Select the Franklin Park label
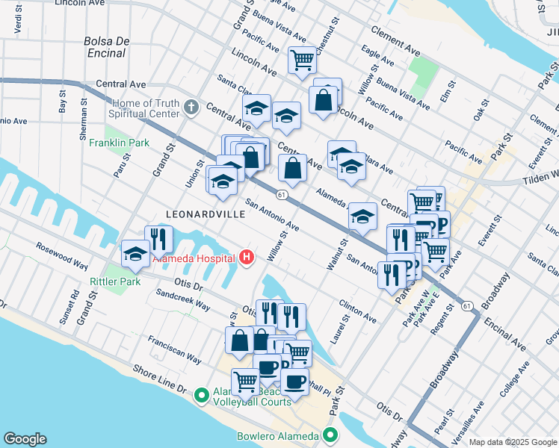click(x=120, y=143)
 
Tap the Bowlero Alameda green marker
click(x=330, y=436)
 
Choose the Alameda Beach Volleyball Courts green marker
click(x=201, y=395)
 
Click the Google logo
click(x=25, y=439)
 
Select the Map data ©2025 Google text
click(x=513, y=442)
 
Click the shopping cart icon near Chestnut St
click(x=302, y=59)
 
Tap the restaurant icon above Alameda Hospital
click(x=158, y=238)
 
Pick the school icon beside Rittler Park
click(x=135, y=253)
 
